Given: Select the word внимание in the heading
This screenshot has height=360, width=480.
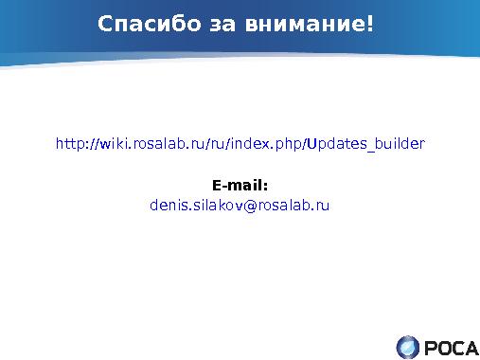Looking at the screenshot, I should (293, 22).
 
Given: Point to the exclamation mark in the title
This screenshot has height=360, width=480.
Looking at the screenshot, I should (370, 22).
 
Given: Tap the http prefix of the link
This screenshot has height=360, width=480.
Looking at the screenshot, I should (69, 144).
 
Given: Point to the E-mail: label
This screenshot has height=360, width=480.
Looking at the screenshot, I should (240, 185).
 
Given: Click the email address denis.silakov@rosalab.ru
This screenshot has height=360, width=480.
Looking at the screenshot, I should (240, 205).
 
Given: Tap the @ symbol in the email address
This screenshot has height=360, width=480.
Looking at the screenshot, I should (250, 205).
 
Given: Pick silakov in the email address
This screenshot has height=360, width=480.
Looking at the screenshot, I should (215, 205).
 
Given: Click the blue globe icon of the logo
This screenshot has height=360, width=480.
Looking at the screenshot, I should (408, 346).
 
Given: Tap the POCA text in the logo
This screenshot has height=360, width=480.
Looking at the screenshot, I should (451, 347).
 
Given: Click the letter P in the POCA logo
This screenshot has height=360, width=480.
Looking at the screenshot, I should (430, 347).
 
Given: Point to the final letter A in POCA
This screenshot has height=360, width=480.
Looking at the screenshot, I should (471, 347).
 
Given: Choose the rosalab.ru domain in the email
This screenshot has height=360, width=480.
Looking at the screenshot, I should (293, 205).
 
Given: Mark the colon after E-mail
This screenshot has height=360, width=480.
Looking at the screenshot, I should (266, 186).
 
